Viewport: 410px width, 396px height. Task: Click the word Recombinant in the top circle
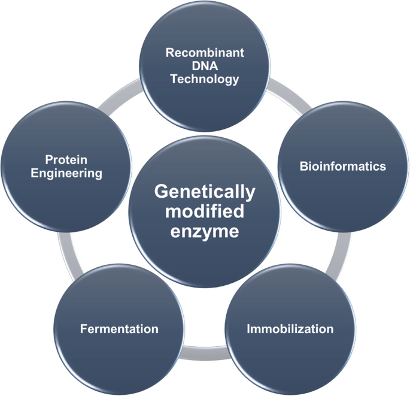coord(205,53)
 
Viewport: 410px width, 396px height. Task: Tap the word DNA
coord(205,66)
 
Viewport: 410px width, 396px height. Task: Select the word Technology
coord(205,79)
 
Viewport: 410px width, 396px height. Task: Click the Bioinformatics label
coord(342,166)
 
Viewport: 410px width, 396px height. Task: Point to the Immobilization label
coord(290,328)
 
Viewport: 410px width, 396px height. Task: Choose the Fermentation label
coord(119,329)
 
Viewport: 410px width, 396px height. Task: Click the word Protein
coord(66,160)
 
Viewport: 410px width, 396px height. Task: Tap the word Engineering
coord(66,173)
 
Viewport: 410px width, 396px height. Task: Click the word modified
coord(205,211)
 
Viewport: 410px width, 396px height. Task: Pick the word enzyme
coord(205,231)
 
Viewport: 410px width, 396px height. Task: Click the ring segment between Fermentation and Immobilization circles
coord(205,358)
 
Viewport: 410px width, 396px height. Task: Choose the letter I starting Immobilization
coord(249,328)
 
